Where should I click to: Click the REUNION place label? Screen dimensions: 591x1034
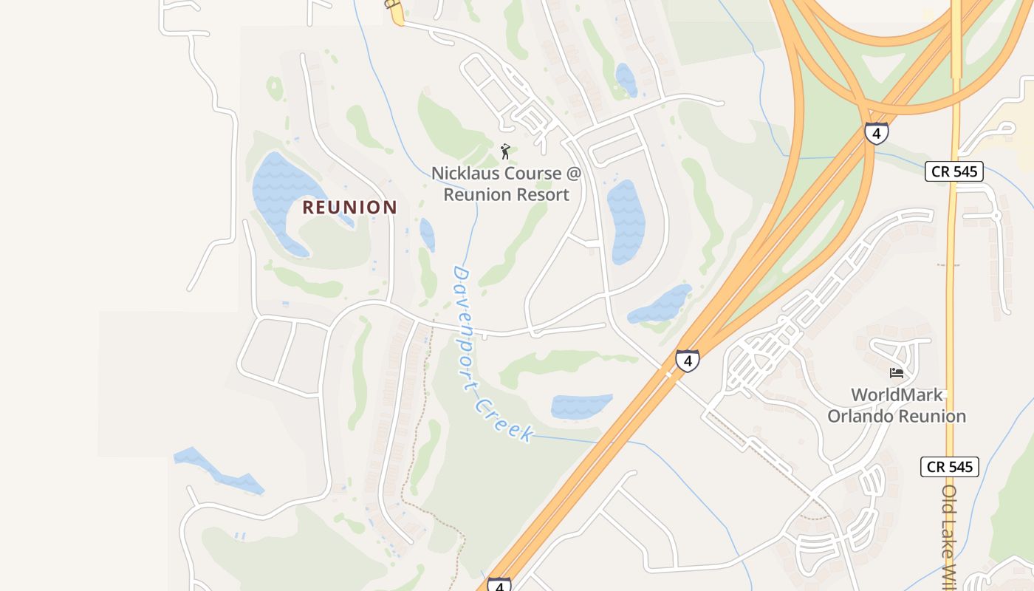click(x=349, y=207)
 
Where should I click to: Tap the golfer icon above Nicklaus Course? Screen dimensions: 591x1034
click(x=505, y=151)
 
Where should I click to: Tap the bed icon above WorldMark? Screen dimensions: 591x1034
click(x=897, y=372)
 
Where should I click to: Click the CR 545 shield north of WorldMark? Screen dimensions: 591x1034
click(x=954, y=172)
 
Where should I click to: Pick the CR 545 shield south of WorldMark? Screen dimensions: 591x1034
click(x=950, y=467)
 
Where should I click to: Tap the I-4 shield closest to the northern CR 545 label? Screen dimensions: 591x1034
click(x=877, y=133)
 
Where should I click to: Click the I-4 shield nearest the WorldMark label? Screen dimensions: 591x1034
click(x=687, y=361)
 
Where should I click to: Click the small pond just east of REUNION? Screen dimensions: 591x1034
click(x=427, y=234)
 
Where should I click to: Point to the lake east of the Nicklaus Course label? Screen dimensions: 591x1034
click(x=625, y=222)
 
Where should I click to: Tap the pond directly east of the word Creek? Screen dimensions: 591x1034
click(x=581, y=406)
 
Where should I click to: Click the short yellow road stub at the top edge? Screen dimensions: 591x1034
click(x=397, y=13)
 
